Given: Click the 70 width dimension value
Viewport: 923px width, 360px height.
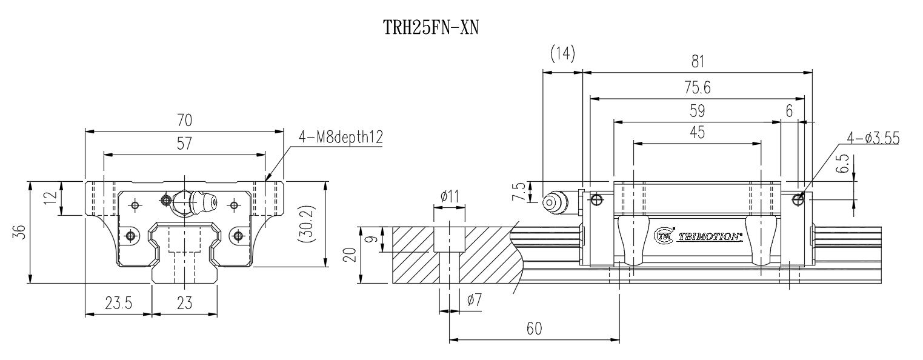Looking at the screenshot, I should click(x=184, y=121).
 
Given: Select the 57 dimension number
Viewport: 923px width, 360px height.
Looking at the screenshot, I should click(x=184, y=144).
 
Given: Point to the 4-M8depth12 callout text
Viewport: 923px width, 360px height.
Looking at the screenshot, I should click(x=341, y=138).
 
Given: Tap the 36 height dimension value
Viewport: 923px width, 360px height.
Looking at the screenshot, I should click(x=19, y=232).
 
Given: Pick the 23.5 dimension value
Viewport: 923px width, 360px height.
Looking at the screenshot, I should click(x=118, y=303).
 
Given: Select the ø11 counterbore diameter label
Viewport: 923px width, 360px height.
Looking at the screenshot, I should click(x=449, y=196).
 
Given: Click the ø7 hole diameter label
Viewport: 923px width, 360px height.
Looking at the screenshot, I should click(x=475, y=299).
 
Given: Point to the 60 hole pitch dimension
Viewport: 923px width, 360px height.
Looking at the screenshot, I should click(x=534, y=328).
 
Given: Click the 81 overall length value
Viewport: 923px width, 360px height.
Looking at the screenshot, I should click(x=698, y=61).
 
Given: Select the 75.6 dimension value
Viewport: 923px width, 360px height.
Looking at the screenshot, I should click(x=697, y=87).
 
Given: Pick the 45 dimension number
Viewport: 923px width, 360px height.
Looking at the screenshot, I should click(x=697, y=133).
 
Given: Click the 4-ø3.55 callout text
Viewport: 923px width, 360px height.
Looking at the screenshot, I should click(x=873, y=138).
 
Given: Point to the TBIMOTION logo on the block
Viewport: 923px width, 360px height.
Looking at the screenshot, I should click(x=699, y=235).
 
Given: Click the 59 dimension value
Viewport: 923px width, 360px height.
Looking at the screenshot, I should click(x=697, y=111).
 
